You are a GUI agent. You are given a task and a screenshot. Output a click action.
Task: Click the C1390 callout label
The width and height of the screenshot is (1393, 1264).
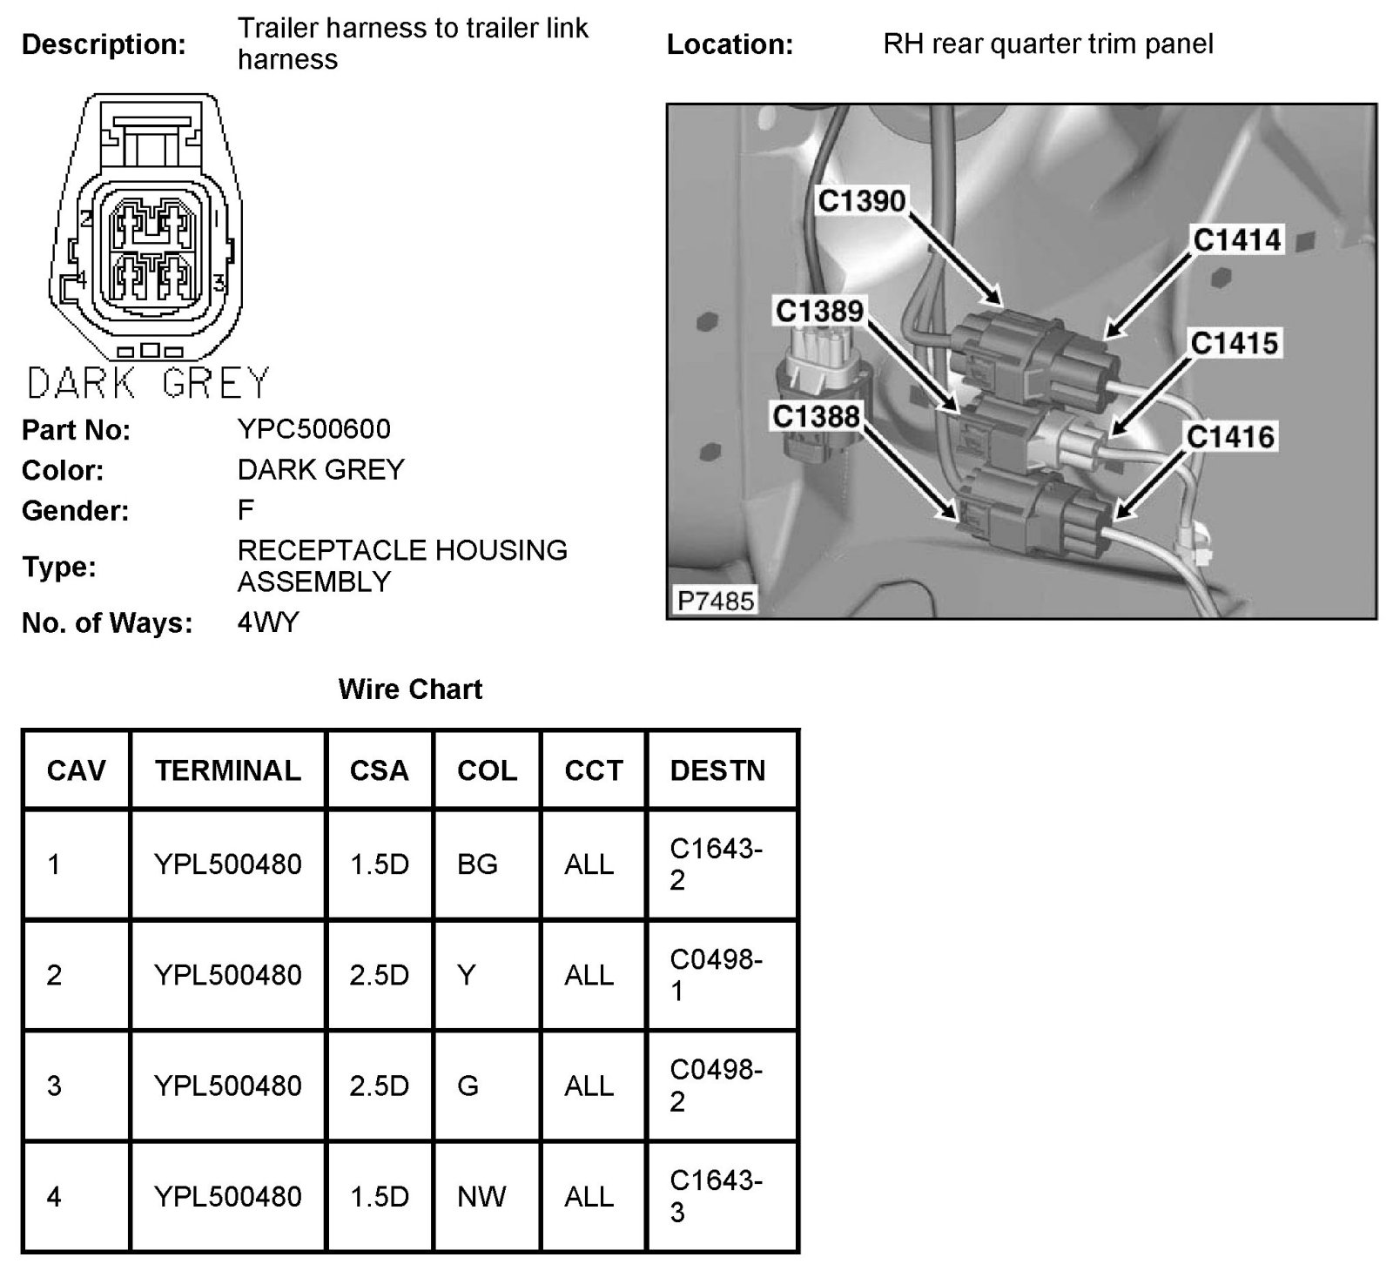pyautogui.click(x=862, y=201)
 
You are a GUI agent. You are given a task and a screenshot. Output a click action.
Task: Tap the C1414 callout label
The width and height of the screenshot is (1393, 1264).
pyautogui.click(x=1236, y=239)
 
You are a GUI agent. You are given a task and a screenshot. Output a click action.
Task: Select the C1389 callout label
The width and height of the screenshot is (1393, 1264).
pyautogui.click(x=819, y=311)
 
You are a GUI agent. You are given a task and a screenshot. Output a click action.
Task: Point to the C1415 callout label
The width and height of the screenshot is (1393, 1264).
pyautogui.click(x=1234, y=343)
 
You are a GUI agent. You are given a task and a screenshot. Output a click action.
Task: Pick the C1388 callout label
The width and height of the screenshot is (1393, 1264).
pyautogui.click(x=816, y=417)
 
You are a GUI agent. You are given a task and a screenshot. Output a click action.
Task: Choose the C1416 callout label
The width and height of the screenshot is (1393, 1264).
pyautogui.click(x=1230, y=437)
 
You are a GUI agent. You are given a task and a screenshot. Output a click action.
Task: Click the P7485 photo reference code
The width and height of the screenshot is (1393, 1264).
pyautogui.click(x=716, y=601)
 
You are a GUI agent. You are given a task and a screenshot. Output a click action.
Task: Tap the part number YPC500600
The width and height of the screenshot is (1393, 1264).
pyautogui.click(x=314, y=428)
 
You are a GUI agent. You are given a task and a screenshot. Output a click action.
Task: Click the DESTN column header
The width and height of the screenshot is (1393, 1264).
pyautogui.click(x=717, y=770)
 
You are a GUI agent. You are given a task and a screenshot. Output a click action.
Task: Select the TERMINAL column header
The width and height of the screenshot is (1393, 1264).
pyautogui.click(x=227, y=770)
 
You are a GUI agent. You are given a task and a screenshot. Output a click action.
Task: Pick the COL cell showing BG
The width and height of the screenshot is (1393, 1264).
pyautogui.click(x=477, y=864)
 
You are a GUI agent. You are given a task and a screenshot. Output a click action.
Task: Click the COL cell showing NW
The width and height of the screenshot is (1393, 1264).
pyautogui.click(x=481, y=1197)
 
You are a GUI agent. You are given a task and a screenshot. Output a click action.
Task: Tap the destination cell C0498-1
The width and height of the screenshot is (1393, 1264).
pyautogui.click(x=716, y=975)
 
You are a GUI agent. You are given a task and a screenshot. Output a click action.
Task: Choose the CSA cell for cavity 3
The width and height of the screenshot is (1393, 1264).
pyautogui.click(x=379, y=1086)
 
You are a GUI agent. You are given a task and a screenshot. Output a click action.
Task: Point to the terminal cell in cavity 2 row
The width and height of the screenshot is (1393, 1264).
pyautogui.click(x=227, y=975)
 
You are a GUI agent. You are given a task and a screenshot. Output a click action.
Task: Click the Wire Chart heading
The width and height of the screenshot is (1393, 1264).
pyautogui.click(x=410, y=689)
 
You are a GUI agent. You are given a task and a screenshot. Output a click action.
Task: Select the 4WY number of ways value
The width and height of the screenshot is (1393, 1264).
pyautogui.click(x=268, y=622)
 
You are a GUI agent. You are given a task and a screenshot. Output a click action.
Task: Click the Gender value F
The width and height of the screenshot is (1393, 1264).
pyautogui.click(x=246, y=510)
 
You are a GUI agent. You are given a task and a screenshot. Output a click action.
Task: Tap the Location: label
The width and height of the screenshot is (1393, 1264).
pyautogui.click(x=730, y=44)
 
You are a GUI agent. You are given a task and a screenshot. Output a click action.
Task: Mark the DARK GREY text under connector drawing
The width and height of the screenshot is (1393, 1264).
pyautogui.click(x=148, y=383)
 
